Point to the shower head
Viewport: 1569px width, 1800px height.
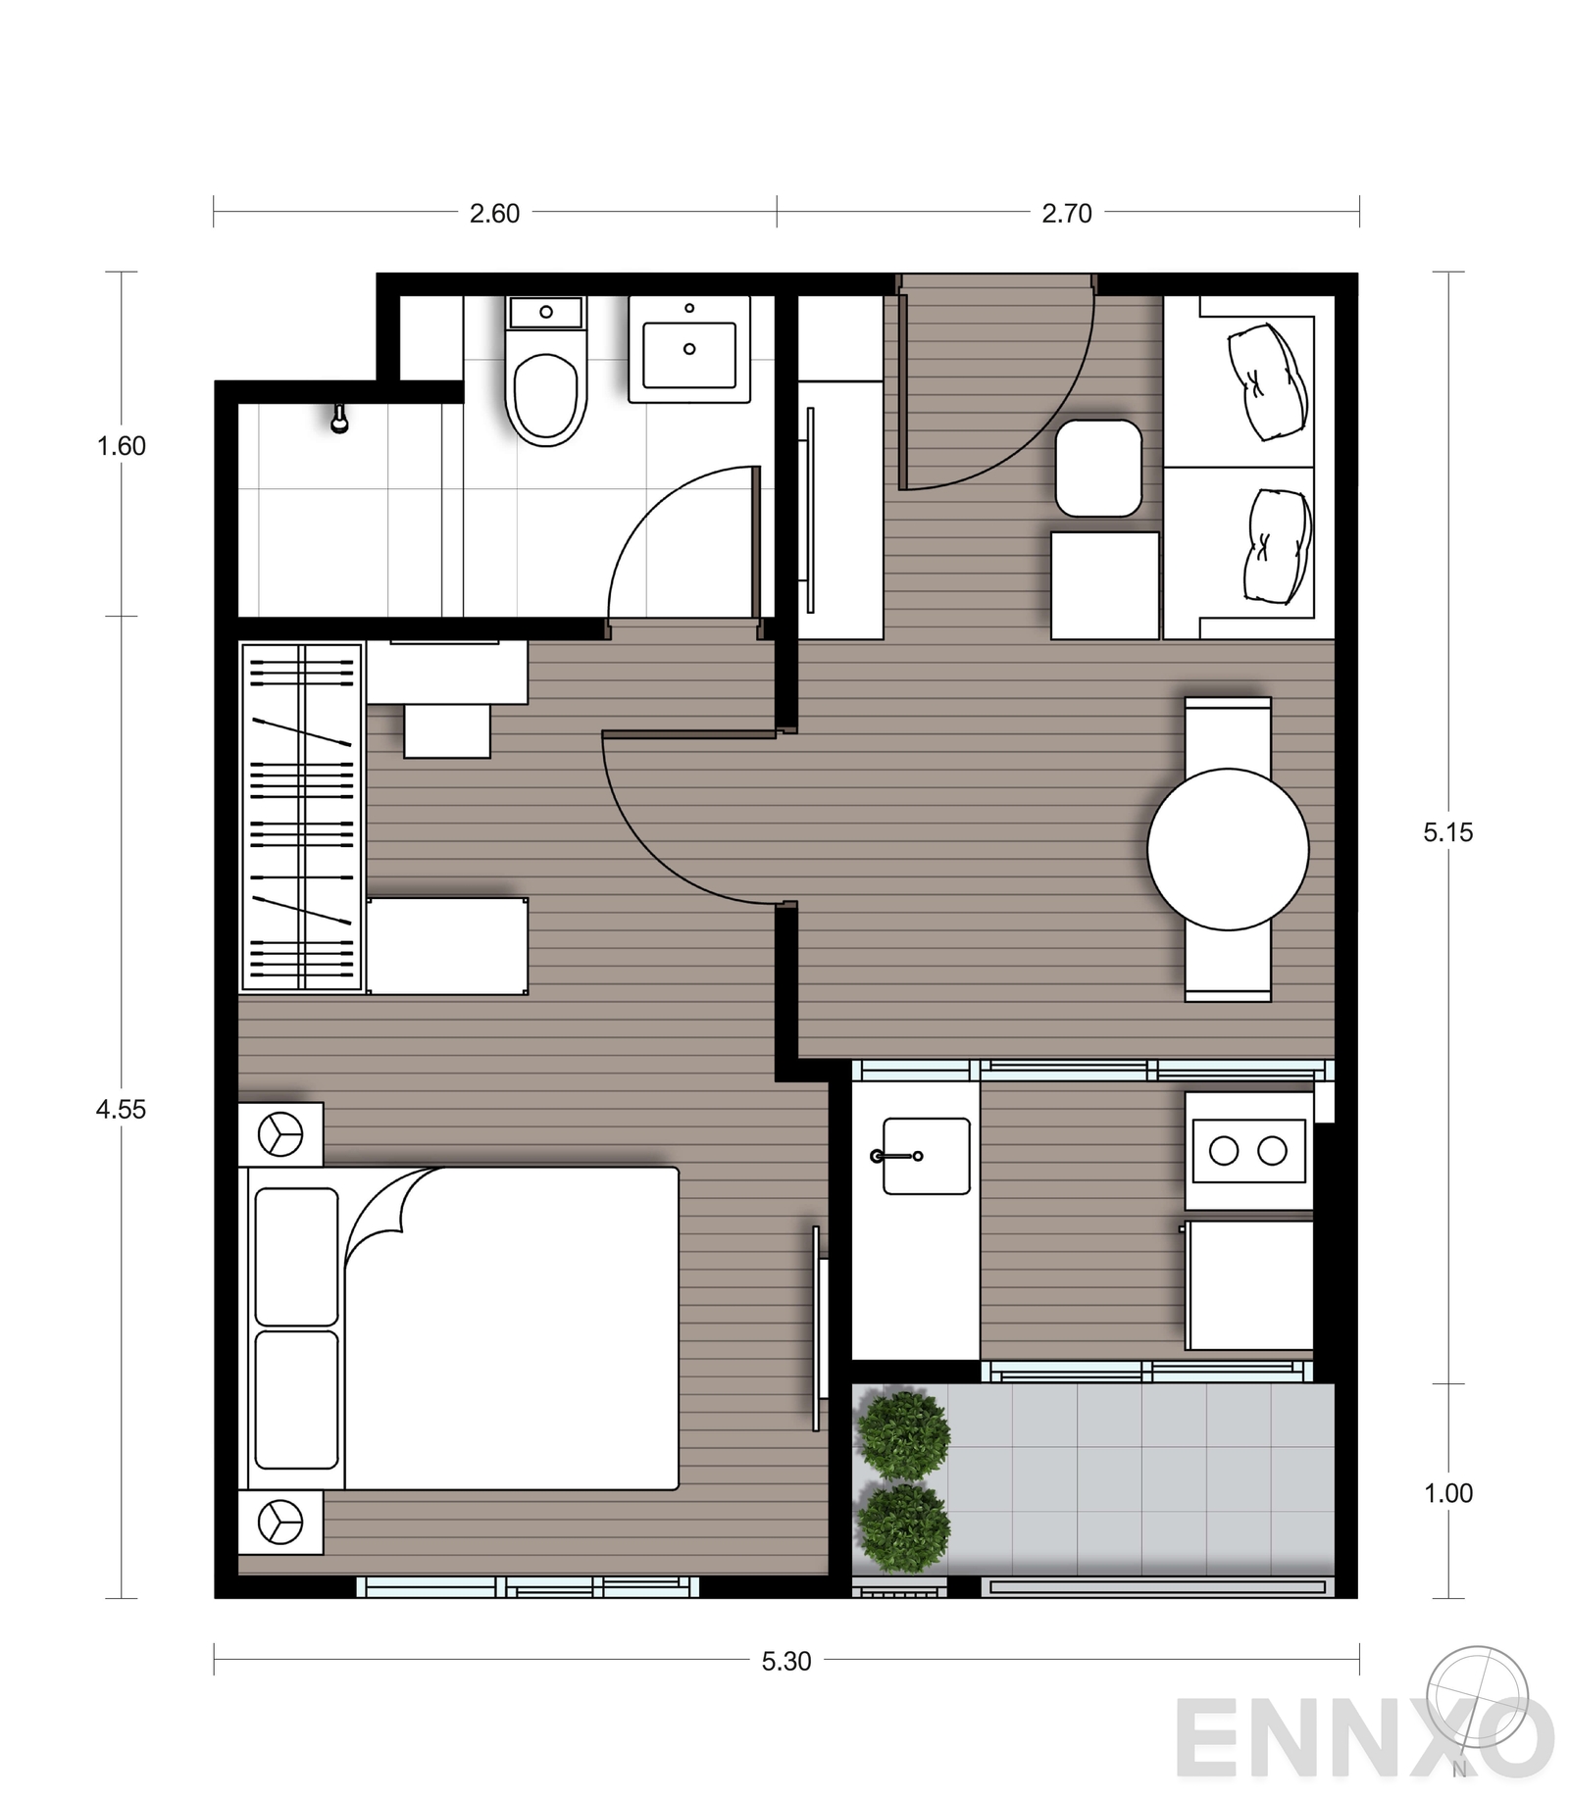tap(339, 419)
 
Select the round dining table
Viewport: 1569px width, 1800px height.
tap(1228, 849)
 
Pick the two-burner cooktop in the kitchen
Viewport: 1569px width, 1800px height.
tap(1248, 1150)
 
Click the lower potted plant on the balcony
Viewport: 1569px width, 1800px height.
tap(904, 1526)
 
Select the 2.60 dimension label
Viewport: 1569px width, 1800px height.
tap(494, 213)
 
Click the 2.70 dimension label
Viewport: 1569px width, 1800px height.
tap(1066, 213)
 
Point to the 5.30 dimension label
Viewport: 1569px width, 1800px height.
tap(785, 1661)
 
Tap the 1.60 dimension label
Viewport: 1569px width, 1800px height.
tap(121, 446)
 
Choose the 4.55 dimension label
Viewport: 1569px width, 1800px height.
tap(121, 1109)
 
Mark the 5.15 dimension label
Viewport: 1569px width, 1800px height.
tap(1447, 832)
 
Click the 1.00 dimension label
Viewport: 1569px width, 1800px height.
tap(1447, 1493)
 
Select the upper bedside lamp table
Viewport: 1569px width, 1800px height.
tap(280, 1134)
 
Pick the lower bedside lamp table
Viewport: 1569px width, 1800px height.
tap(280, 1522)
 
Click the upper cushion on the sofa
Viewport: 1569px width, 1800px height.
tap(1267, 382)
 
